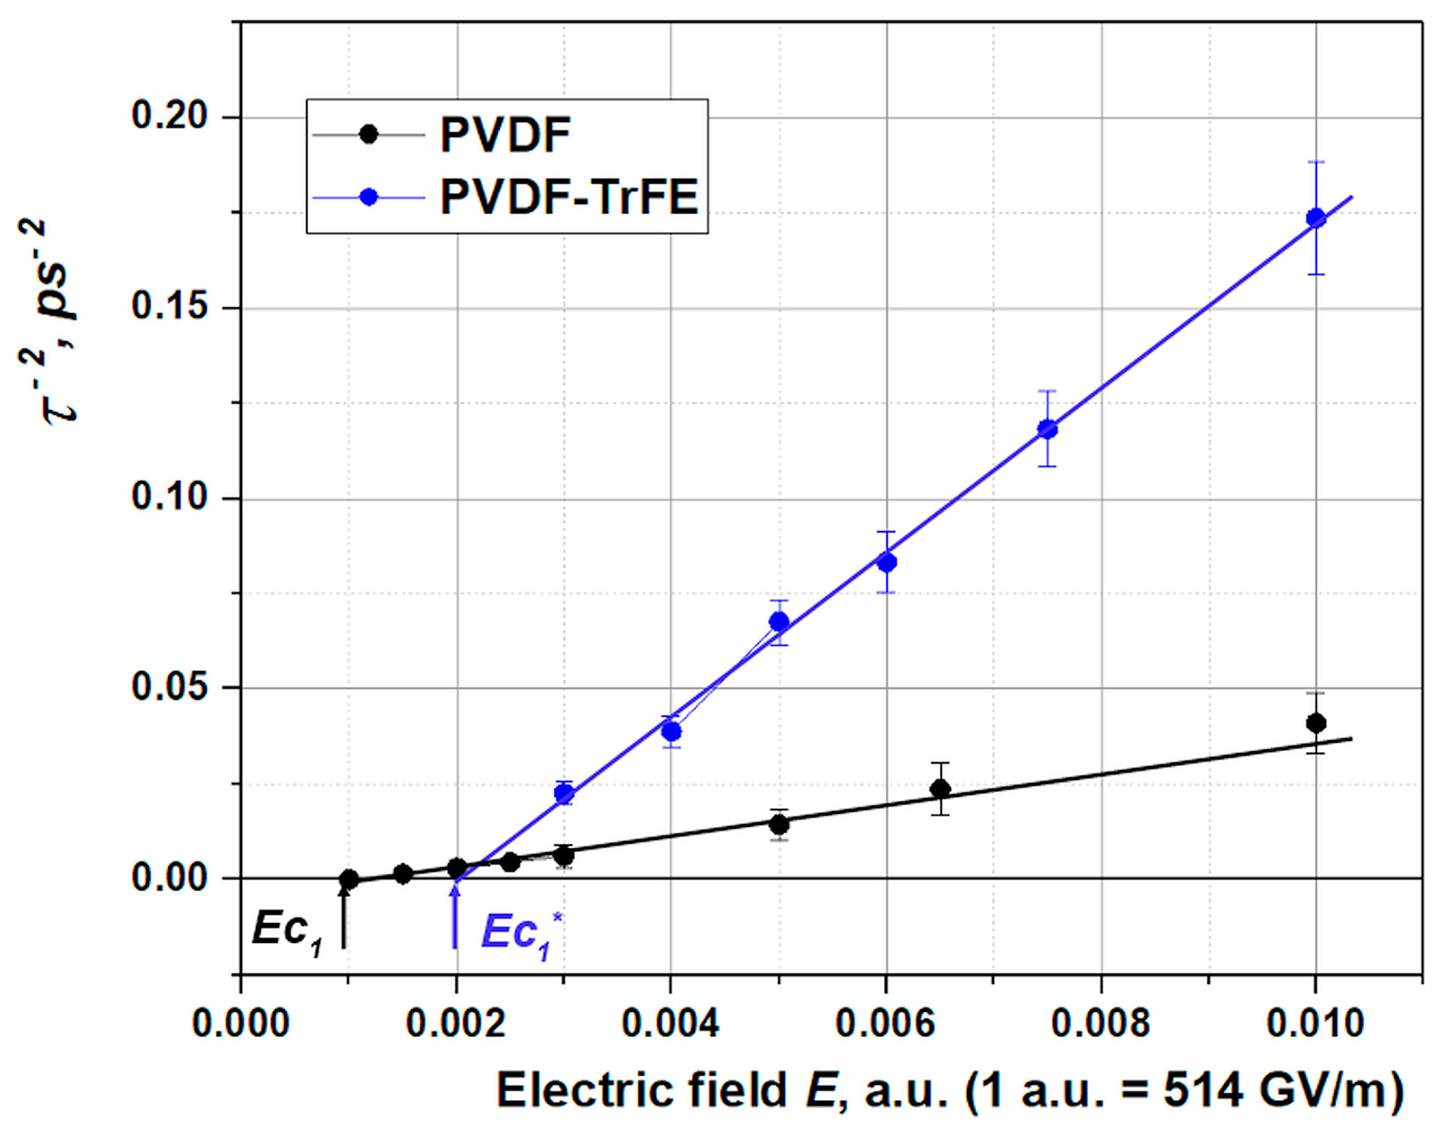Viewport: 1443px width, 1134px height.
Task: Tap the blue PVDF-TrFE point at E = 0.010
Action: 1315,218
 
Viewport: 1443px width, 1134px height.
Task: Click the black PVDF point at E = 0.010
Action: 1315,723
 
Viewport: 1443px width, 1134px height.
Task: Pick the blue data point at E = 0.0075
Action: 1048,429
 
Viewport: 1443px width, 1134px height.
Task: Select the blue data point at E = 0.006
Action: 886,563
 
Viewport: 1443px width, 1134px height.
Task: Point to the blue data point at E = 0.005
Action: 779,621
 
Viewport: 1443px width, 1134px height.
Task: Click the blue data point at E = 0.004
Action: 672,732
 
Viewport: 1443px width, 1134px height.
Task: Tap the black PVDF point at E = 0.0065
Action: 940,789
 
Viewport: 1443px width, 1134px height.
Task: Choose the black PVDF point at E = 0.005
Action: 779,825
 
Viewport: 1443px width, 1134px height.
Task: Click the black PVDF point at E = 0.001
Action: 349,880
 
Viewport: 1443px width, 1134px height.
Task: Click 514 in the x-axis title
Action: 1202,1092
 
